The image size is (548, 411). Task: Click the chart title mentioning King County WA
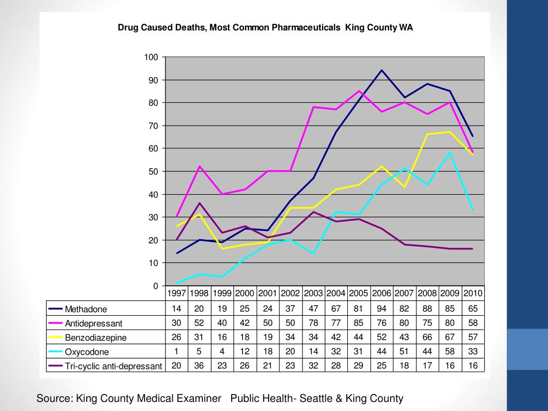(265, 27)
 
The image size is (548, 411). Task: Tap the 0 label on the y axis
(156, 286)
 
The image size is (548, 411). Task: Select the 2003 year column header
(313, 293)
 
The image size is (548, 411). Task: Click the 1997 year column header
(177, 293)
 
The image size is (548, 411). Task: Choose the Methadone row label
(86, 309)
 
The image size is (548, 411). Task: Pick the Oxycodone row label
(87, 352)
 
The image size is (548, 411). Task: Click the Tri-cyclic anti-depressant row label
(113, 366)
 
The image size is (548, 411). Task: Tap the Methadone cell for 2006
(382, 308)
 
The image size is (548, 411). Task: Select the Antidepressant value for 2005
(359, 323)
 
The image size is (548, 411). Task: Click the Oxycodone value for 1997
(177, 351)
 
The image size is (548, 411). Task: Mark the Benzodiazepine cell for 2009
(450, 337)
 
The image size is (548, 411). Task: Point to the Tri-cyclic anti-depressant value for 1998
(199, 366)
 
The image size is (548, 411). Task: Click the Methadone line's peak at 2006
(382, 70)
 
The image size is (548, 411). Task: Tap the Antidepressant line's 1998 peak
(199, 166)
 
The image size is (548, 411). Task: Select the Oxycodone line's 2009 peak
(450, 153)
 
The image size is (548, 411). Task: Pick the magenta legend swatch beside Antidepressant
(55, 323)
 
